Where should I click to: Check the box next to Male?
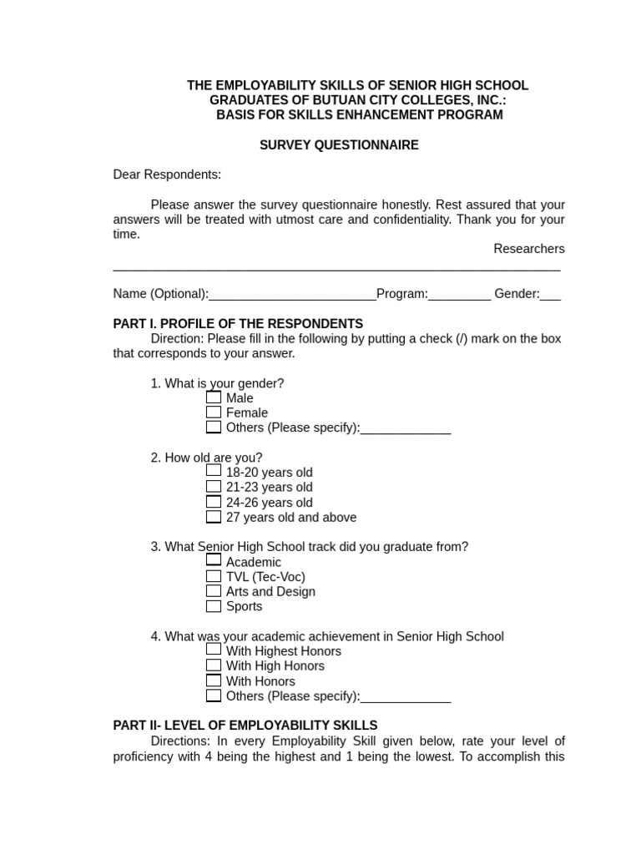coord(214,397)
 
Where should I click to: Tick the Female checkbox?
coord(214,412)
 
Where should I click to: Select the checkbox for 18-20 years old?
coord(214,471)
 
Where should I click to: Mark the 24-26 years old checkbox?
coord(214,502)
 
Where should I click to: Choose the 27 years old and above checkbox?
coord(214,517)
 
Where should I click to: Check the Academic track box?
coord(214,561)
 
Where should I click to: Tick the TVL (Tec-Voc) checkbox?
coord(214,576)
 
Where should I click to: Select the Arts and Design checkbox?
coord(214,591)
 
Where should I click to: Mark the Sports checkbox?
coord(214,606)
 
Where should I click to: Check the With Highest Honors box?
coord(214,650)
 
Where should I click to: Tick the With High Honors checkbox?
coord(214,665)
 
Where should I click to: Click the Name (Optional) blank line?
coord(292,295)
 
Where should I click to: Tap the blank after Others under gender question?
coord(406,428)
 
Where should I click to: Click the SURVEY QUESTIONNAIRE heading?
coord(339,145)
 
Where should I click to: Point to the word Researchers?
coord(528,249)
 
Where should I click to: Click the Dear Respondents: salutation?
coord(167,175)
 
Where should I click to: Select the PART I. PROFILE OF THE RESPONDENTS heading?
coord(238,324)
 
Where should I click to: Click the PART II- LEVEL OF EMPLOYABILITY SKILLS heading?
coord(245,726)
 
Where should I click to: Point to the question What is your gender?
coord(217,383)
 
